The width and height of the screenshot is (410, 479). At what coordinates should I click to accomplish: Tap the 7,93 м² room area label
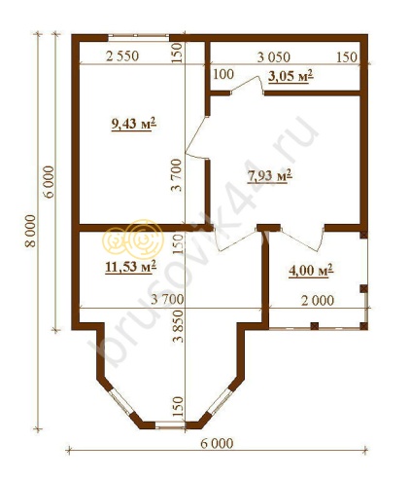[270, 175]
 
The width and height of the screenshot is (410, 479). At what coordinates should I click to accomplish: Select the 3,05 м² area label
[290, 76]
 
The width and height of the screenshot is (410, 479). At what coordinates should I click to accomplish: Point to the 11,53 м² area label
[131, 267]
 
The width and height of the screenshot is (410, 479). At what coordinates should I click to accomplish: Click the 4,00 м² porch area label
[311, 271]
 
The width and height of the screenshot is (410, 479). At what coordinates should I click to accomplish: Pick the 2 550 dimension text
[122, 56]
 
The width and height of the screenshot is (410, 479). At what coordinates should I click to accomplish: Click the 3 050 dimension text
[274, 57]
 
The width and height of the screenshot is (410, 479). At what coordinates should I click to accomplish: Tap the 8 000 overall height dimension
[30, 231]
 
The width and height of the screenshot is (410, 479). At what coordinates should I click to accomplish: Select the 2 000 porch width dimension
[318, 301]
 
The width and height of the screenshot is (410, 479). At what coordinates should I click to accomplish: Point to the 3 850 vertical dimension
[178, 326]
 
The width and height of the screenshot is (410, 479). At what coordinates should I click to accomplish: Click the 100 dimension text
[223, 74]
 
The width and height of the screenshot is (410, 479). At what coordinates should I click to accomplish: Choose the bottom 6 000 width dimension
[217, 443]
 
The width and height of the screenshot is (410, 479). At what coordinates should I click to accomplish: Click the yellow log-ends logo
[133, 239]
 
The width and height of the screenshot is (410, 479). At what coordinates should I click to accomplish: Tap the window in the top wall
[139, 35]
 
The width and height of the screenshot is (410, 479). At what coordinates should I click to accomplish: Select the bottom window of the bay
[171, 425]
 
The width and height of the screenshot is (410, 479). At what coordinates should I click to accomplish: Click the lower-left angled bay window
[121, 402]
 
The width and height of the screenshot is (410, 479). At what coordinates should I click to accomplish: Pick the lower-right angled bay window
[220, 402]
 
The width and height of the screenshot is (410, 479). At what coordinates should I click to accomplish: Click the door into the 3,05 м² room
[248, 86]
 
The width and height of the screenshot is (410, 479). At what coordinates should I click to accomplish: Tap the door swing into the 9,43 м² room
[196, 138]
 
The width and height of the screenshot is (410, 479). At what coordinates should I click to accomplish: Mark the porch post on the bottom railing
[315, 325]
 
